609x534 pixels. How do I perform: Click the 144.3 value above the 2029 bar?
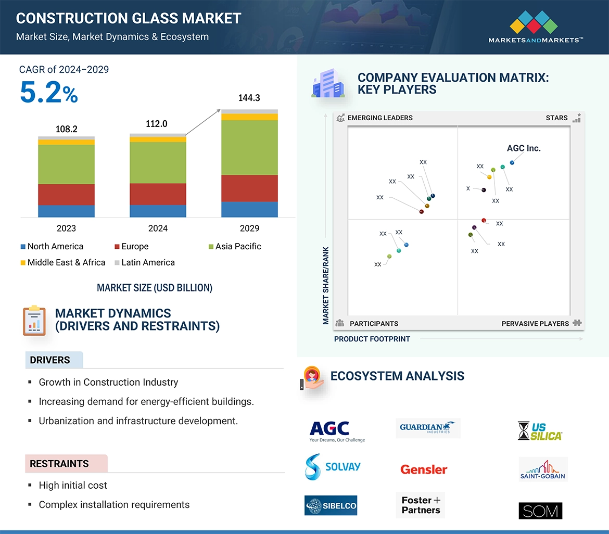point(249,97)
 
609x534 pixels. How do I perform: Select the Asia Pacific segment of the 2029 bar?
point(249,147)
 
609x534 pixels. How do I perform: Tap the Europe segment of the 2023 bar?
point(66,194)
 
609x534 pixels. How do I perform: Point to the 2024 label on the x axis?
point(158,228)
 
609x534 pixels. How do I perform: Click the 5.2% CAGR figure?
point(49,93)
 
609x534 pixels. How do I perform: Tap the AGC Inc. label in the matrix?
point(524,148)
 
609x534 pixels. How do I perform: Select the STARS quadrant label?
point(556,118)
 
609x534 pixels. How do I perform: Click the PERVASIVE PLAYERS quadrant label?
point(535,323)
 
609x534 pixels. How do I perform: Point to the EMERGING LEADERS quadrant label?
point(379,118)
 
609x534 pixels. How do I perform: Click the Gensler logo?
point(424,469)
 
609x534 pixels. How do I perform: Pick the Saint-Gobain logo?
point(543,469)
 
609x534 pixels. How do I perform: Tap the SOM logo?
point(540,511)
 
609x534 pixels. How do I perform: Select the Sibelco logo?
point(331,505)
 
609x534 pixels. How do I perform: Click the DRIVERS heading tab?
point(50,360)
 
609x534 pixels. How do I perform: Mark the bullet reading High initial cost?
point(73,485)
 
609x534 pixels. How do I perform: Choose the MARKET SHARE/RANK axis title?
point(326,285)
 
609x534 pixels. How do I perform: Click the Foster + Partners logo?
point(421,505)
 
